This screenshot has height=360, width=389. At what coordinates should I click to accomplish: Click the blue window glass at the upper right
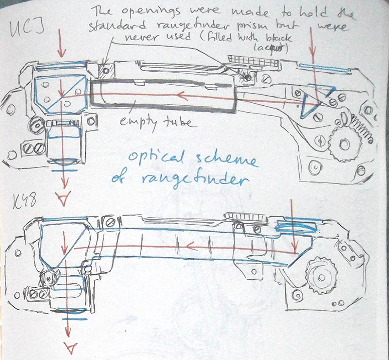point(318,67)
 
